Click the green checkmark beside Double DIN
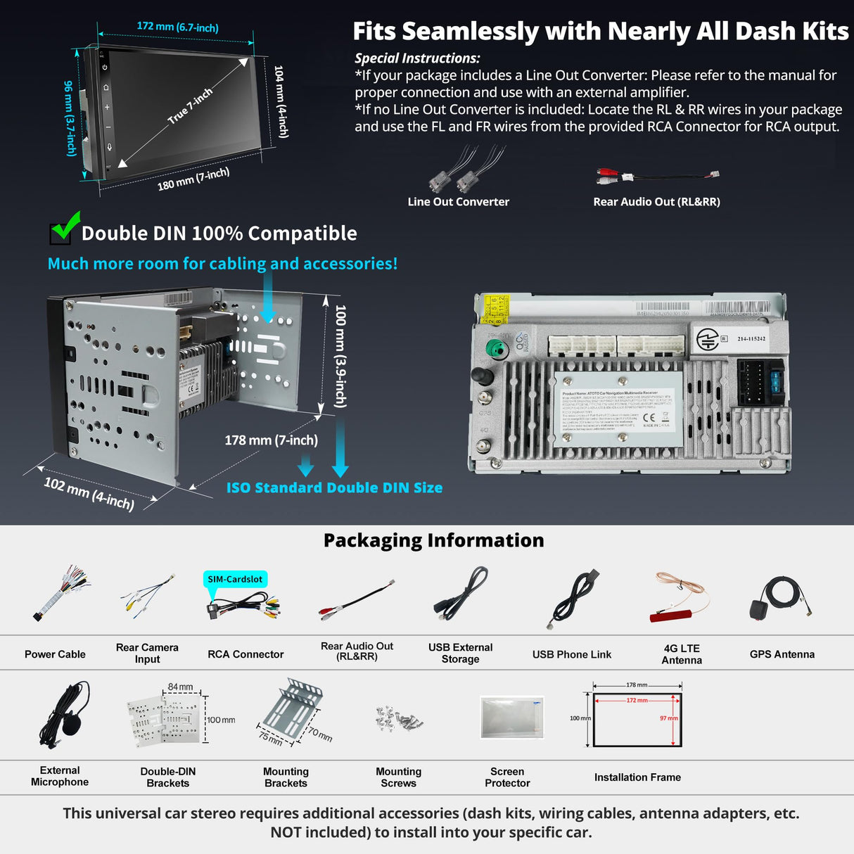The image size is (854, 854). coord(65,227)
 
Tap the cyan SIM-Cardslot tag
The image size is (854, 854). coord(235,579)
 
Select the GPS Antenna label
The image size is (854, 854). coord(782,654)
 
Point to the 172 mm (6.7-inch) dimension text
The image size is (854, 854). coord(177,27)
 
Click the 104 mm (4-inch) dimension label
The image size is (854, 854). coord(281,101)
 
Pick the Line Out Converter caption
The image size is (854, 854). coord(458,202)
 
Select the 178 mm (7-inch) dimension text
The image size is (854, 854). coord(271,440)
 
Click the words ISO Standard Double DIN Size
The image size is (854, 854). coord(334,487)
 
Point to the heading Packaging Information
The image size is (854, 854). coord(433,540)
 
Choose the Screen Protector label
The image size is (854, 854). coord(507,777)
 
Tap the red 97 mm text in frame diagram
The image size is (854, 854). coord(668,718)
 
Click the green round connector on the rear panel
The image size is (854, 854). coord(498,349)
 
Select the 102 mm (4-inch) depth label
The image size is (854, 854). coord(89,492)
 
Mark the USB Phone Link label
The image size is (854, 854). coord(571,654)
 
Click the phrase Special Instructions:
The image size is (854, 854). coord(417,58)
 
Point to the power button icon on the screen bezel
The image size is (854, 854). coord(105,68)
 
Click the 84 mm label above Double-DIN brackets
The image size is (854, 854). coord(180,687)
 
